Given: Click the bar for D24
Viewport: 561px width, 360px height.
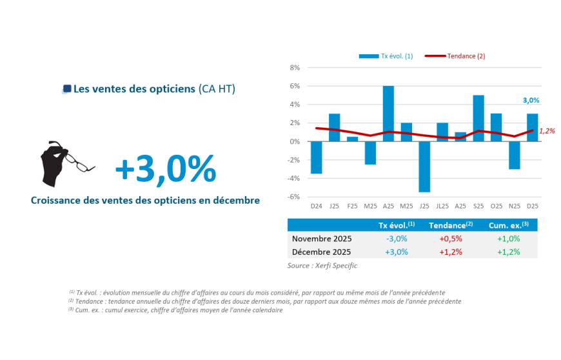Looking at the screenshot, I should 316,157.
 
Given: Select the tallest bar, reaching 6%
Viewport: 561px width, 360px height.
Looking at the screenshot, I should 388,114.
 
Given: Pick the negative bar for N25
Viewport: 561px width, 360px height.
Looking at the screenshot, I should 514,155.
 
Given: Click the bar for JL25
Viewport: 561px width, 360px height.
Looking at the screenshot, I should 442,132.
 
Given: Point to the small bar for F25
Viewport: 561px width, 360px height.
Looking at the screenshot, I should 352,139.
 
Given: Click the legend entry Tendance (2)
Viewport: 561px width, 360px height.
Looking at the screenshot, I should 455,56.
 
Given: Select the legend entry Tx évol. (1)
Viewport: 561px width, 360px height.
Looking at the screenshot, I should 386,56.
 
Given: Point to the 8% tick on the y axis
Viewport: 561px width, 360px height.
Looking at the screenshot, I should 295,67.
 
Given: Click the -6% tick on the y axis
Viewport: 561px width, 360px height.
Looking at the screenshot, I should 293,197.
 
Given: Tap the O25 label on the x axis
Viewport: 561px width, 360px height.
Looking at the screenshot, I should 496,206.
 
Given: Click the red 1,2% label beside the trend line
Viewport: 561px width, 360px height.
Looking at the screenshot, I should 547,131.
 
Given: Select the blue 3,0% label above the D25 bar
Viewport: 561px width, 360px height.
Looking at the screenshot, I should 531,101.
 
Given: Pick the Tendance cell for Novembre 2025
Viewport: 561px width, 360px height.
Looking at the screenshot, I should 450,239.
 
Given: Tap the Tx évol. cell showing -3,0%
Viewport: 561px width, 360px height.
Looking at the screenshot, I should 396,239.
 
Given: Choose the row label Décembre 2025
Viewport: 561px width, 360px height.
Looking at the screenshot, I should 322,252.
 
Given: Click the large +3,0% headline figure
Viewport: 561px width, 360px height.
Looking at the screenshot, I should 165,169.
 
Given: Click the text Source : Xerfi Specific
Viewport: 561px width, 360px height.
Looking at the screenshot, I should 322,265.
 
